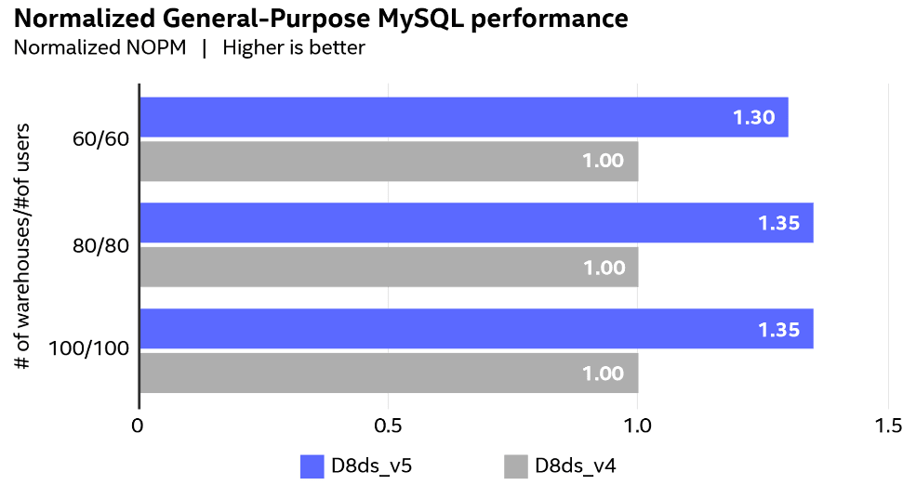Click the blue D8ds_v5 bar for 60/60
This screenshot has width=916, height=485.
coord(463,117)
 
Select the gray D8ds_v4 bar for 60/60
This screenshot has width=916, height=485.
coord(389,161)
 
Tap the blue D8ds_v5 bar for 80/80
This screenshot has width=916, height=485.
coord(476,223)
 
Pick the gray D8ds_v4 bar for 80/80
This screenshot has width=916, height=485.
coord(389,267)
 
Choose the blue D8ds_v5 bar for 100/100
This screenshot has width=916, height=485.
coord(476,329)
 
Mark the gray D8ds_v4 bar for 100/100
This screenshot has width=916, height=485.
coord(389,373)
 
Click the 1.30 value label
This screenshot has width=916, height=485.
coord(753,118)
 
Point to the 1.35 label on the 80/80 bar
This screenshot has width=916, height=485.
coord(778,224)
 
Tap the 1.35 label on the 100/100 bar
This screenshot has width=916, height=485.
coord(778,330)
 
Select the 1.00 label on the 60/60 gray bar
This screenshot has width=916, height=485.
coord(603,161)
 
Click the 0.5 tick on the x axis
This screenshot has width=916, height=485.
coord(388,426)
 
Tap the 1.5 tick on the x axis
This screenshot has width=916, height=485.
coord(888,426)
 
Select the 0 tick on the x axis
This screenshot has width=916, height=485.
coord(139,426)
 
